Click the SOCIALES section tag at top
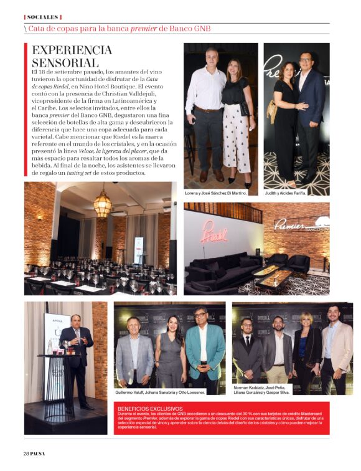click(x=43, y=17)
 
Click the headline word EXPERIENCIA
click(x=72, y=50)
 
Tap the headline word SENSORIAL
click(x=65, y=63)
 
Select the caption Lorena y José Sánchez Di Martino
click(x=217, y=193)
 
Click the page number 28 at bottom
click(x=27, y=452)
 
